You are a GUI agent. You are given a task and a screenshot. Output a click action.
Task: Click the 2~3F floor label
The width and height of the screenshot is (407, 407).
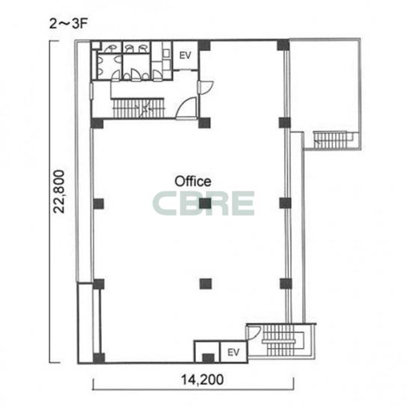69,24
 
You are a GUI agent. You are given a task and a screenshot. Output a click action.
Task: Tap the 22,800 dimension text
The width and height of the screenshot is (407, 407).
58,192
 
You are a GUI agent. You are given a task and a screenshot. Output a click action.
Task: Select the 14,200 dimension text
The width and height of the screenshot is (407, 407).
202,380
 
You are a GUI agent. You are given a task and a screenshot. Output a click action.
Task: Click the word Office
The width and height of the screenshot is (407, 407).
193,182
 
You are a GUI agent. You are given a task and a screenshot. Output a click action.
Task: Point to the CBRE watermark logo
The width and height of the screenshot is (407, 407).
203,203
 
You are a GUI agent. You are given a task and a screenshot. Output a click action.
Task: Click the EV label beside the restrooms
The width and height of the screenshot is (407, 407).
186,55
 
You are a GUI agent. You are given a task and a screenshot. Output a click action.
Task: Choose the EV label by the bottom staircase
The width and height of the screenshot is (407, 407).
233,352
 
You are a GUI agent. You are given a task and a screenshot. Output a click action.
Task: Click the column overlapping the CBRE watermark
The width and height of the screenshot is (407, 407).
205,203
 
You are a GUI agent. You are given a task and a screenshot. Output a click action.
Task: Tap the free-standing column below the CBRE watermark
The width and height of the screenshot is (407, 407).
206,284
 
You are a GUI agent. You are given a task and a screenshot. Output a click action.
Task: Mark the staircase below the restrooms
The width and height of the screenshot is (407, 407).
138,108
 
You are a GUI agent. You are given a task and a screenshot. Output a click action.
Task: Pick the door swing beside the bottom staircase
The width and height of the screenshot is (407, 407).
254,333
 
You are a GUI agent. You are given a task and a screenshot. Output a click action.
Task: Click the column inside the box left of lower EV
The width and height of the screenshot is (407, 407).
208,358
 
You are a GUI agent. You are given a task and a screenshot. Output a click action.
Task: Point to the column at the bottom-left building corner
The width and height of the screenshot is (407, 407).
99,358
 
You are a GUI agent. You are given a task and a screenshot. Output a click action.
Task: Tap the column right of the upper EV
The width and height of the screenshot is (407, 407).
204,45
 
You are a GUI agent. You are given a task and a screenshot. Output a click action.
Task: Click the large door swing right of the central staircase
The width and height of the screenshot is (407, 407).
186,108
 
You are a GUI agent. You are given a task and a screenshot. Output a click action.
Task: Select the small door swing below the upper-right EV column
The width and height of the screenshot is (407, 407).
206,88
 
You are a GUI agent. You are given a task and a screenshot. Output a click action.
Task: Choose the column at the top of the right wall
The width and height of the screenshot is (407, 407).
284,45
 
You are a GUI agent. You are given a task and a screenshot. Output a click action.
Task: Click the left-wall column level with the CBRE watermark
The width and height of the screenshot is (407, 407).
99,203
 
